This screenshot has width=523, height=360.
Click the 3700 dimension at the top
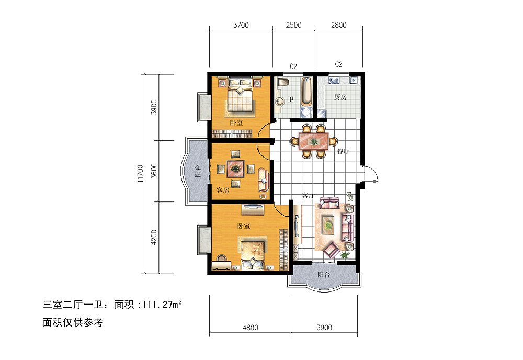pos(240,25)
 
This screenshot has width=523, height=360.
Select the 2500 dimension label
pos(293,25)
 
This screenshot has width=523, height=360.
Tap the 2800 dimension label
pos(338,25)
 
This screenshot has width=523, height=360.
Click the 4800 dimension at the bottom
pos(251,328)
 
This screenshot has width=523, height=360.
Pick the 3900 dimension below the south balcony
pos(324,328)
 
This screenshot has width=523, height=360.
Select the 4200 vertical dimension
pos(153,237)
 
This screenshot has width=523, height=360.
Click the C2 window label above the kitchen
pos(338,65)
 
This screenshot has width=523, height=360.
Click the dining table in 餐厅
pos(313,141)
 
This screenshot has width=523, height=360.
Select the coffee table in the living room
pos(328,224)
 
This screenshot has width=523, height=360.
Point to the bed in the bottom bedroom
pos(252,253)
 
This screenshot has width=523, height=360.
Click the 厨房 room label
pos(340,97)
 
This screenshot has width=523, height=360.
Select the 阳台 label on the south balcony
pos(324,275)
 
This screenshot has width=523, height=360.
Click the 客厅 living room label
pos(308,195)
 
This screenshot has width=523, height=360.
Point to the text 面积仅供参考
pos(73,322)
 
